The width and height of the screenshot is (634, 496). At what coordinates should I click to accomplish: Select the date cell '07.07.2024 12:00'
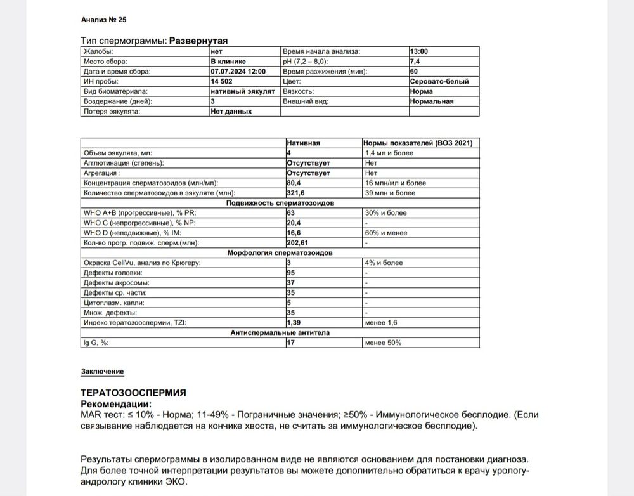(238, 72)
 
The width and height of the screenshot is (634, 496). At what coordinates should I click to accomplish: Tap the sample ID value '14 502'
(222, 81)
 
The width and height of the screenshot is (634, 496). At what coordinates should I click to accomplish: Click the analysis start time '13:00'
(419, 51)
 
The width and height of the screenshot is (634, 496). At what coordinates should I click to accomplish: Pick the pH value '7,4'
(415, 62)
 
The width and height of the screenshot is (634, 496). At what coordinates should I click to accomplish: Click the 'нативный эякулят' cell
(242, 91)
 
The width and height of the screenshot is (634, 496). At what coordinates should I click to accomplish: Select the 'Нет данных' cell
(231, 111)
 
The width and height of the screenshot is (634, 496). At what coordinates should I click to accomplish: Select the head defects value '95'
(292, 273)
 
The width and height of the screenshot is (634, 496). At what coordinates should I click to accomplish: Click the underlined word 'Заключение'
(102, 371)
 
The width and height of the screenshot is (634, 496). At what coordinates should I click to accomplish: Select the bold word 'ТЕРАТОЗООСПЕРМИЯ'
(134, 393)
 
